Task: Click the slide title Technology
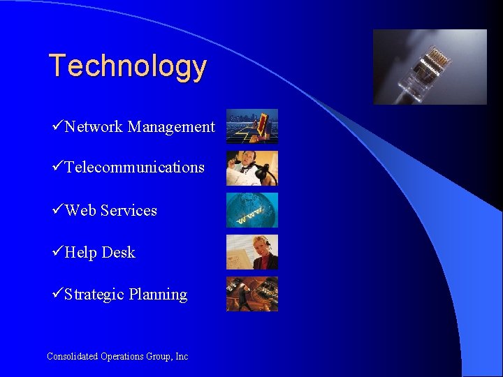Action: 128,66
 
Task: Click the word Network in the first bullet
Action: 94,126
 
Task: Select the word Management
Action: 171,126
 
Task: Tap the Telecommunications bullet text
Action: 134,168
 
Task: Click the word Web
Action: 80,210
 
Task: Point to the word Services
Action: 129,210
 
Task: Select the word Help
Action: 80,252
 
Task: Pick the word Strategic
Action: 94,294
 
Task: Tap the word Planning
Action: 158,294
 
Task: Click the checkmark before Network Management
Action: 58,126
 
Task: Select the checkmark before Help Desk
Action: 58,252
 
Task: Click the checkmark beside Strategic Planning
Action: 58,294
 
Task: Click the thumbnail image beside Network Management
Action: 251,126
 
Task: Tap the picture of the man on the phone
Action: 251,168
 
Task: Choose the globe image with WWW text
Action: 251,210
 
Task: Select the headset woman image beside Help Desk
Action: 251,252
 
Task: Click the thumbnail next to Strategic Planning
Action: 251,294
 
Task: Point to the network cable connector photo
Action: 430,67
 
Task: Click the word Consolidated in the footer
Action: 73,356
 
